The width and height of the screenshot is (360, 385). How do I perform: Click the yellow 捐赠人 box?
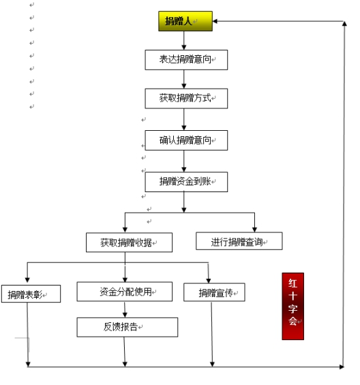[x=185, y=21]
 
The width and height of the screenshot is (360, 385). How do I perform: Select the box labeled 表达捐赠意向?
[x=186, y=60]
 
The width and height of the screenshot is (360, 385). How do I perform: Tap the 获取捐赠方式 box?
[x=186, y=98]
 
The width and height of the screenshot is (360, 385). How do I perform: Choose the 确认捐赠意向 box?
[x=186, y=140]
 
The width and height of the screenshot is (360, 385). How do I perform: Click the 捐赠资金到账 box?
[x=186, y=182]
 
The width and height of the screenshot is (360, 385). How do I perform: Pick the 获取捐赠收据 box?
[x=129, y=243]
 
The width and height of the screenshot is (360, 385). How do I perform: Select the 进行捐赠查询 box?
[x=239, y=241]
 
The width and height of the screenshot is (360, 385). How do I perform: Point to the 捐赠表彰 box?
[x=31, y=294]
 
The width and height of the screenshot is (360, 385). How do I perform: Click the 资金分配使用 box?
[x=125, y=292]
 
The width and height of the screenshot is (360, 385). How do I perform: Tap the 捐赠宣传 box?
[x=214, y=292]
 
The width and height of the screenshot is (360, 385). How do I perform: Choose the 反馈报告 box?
[x=127, y=327]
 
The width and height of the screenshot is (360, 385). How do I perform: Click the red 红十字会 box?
[x=293, y=306]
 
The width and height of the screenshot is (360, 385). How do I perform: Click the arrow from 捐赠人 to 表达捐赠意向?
[x=184, y=40]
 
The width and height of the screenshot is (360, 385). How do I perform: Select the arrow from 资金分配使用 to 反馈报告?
[x=125, y=309]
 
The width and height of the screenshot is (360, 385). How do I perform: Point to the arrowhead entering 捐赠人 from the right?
[x=215, y=21]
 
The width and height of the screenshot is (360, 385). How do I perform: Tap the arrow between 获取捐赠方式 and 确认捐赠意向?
[x=184, y=119]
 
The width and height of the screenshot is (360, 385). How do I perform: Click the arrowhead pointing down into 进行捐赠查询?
[x=254, y=230]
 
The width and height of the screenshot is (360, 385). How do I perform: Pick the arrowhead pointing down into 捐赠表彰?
[x=27, y=280]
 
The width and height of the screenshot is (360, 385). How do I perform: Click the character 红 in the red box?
[x=292, y=283]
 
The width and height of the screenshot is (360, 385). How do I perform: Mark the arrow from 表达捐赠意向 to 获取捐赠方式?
[x=184, y=79]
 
